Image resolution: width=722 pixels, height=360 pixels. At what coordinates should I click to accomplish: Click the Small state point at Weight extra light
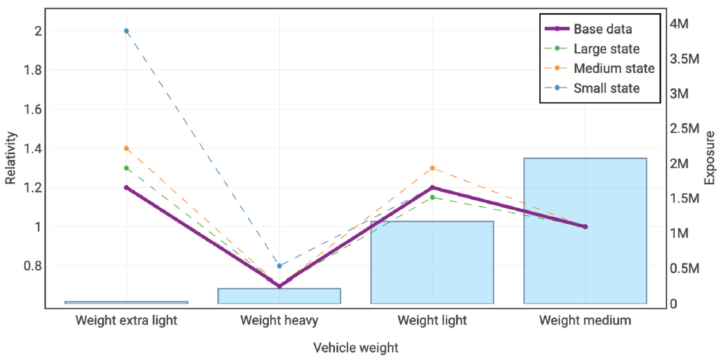click(x=126, y=31)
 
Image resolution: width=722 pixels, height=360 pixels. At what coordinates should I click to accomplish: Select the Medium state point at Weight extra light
click(x=126, y=148)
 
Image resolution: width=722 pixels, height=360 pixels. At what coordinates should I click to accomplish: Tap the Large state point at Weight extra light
click(x=126, y=168)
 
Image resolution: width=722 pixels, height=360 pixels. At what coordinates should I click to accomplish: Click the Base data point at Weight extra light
click(x=126, y=188)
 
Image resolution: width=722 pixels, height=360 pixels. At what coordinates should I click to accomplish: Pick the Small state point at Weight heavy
click(x=279, y=265)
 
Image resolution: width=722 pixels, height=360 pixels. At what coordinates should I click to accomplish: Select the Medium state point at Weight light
click(x=432, y=168)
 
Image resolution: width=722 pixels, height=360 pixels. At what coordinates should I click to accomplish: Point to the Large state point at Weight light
click(x=432, y=197)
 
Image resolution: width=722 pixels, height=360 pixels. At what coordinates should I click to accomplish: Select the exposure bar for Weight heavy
click(x=279, y=296)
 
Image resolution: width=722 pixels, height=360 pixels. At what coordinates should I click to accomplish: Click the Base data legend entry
click(x=602, y=29)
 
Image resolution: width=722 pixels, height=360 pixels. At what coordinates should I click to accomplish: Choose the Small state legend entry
click(x=606, y=88)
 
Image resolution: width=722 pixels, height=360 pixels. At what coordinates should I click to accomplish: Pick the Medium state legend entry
click(x=614, y=69)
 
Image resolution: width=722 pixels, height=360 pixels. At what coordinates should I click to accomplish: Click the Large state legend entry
click(x=606, y=49)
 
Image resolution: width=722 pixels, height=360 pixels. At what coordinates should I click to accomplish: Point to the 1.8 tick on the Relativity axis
click(x=33, y=70)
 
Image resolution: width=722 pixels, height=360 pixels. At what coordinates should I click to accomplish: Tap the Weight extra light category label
click(x=126, y=320)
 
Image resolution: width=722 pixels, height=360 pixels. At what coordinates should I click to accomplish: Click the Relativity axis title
click(x=10, y=158)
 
